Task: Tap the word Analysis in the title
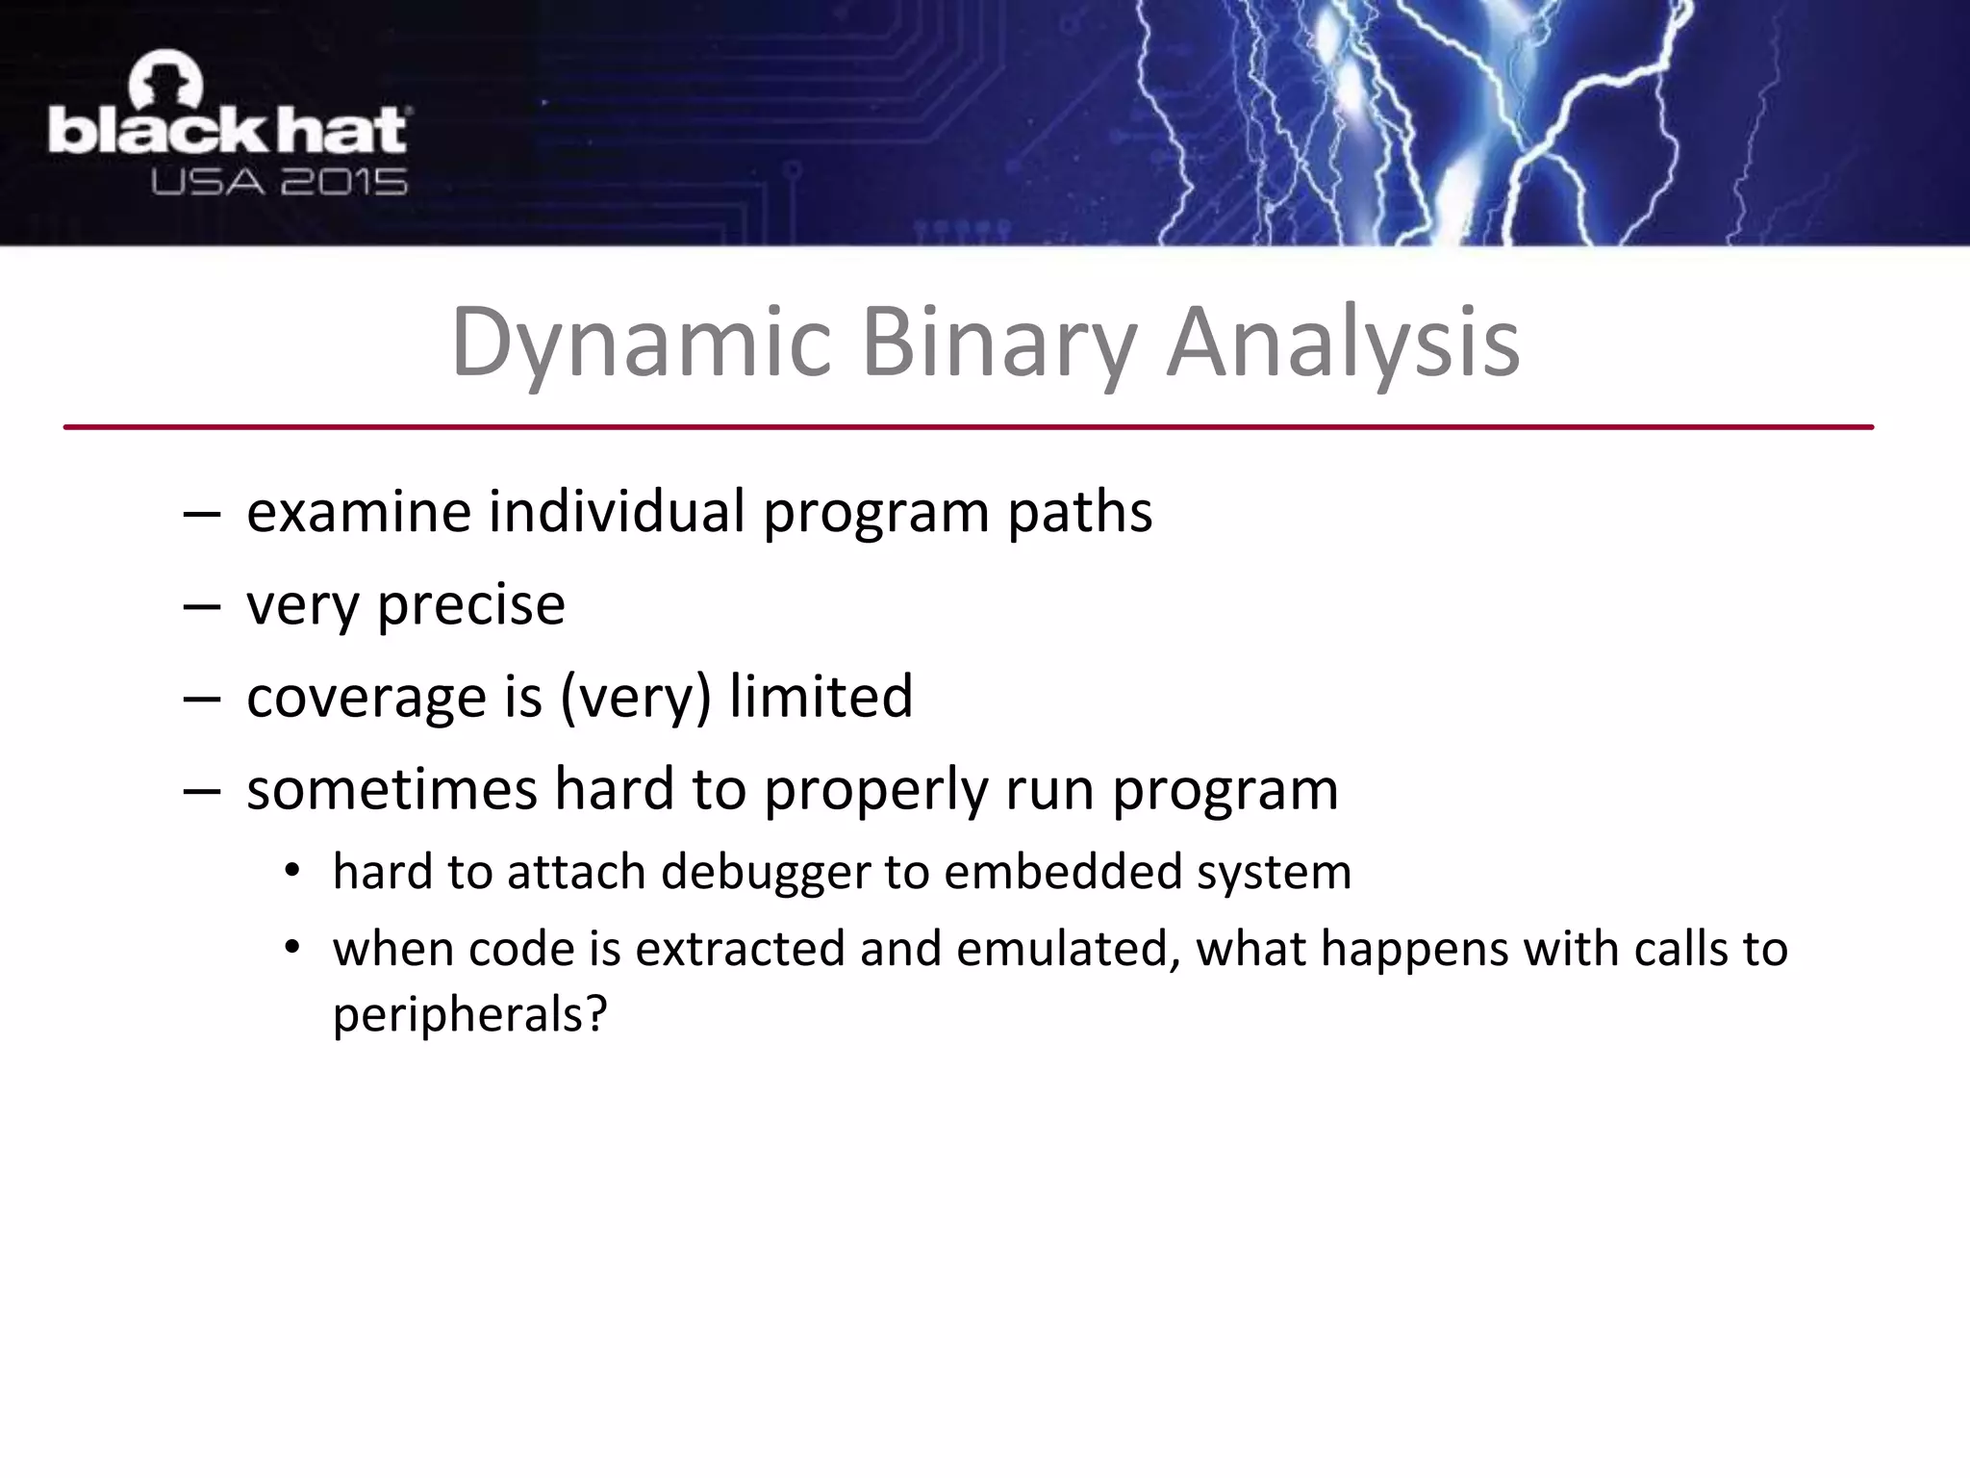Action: (1343, 344)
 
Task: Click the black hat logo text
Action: (227, 132)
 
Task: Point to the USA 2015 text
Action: (279, 182)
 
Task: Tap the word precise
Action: (470, 604)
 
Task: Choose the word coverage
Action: (366, 697)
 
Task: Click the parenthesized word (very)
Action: (636, 697)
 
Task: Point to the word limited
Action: (820, 697)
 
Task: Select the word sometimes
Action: (391, 789)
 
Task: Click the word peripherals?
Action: (469, 1015)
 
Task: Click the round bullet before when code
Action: (292, 949)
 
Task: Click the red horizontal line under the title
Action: (968, 426)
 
